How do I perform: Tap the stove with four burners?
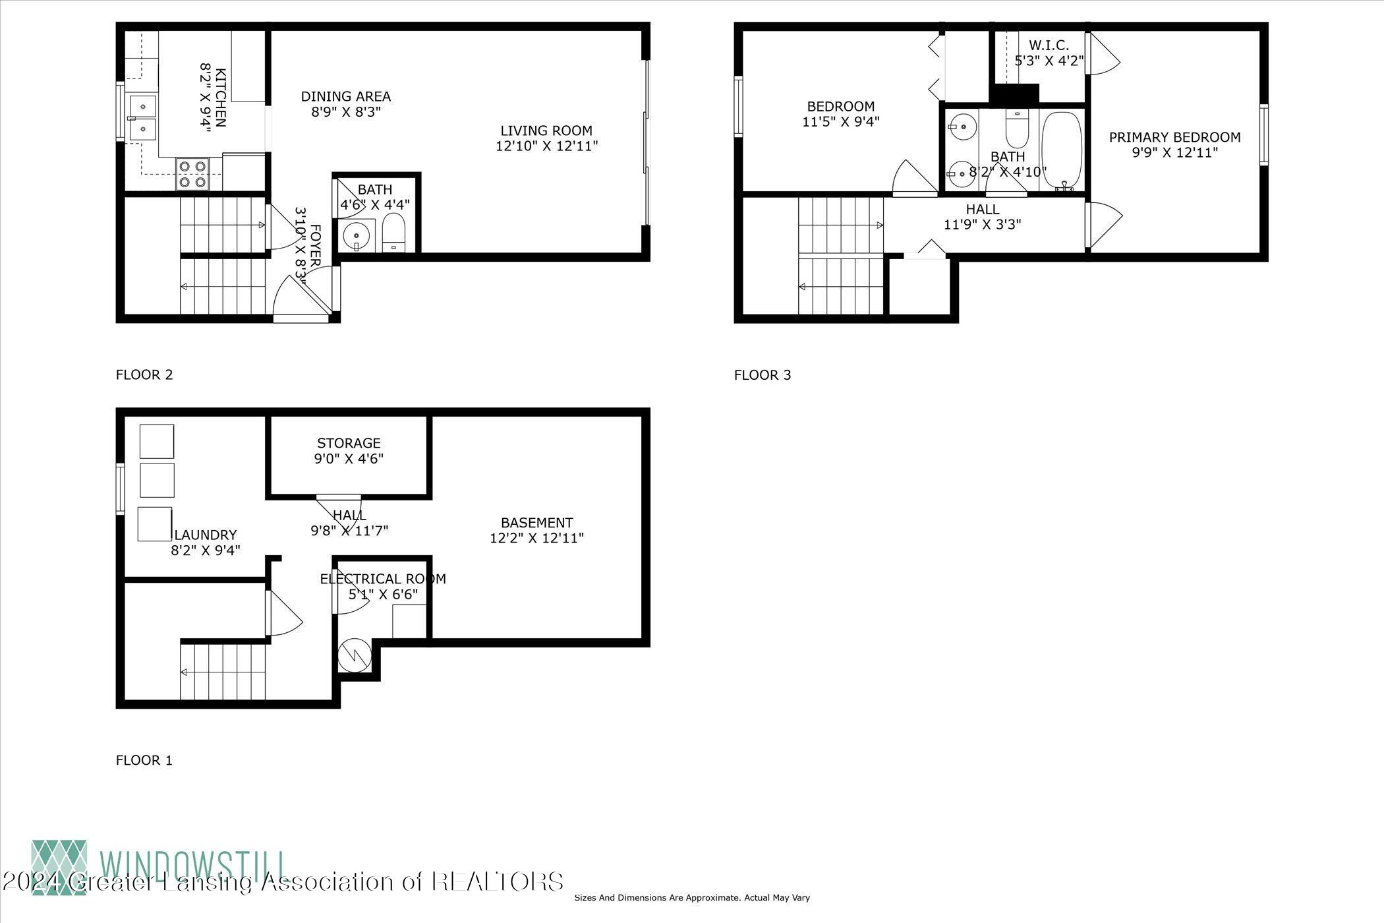(192, 174)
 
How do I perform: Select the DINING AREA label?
(346, 97)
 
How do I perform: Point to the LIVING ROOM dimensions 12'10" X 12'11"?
(546, 146)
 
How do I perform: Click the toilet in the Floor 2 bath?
(395, 231)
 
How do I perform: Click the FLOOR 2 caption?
(144, 375)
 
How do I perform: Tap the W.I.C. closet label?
(1049, 46)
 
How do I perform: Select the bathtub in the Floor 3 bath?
(1062, 150)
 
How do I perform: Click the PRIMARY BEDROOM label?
(1174, 137)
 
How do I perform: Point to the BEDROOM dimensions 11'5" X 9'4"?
(841, 121)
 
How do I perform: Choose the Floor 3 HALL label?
(982, 209)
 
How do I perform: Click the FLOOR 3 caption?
(763, 375)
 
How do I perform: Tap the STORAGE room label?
(349, 443)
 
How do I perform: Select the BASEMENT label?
(536, 523)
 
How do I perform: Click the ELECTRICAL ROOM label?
(383, 579)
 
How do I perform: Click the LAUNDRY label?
(206, 535)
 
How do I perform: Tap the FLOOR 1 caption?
(144, 760)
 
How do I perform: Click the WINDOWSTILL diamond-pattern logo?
(59, 867)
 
